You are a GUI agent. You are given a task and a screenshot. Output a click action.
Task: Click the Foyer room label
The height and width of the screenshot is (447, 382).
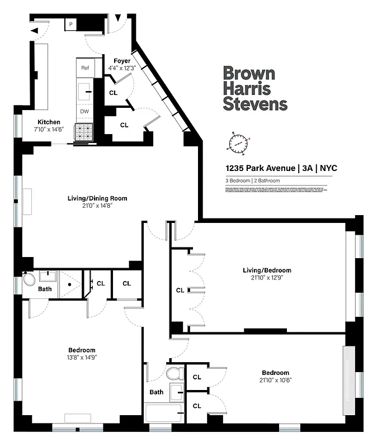tap(122, 61)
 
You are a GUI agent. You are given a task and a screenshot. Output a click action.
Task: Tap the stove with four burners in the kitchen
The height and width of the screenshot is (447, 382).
tap(85, 132)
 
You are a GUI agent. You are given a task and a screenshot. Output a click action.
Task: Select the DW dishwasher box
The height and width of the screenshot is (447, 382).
tap(85, 111)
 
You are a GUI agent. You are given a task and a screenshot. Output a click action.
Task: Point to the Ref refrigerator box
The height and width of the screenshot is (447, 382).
tap(85, 68)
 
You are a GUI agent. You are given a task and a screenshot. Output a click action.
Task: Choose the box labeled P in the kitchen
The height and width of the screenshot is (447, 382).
tap(71, 24)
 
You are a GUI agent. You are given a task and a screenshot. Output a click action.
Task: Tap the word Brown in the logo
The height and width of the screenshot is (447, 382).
tap(249, 74)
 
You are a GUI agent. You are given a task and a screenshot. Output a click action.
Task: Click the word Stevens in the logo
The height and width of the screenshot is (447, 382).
tap(255, 103)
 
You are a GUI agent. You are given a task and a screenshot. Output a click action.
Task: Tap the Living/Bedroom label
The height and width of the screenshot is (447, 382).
tap(267, 270)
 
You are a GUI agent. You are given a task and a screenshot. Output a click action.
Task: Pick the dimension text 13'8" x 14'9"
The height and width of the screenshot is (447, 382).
tap(82, 358)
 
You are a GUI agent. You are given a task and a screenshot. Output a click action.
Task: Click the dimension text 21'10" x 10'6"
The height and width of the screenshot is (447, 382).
tap(276, 380)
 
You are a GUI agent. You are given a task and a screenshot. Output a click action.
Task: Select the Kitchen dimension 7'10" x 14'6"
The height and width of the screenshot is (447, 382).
tap(49, 130)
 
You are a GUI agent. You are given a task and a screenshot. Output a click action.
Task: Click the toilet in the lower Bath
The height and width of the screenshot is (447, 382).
tap(173, 373)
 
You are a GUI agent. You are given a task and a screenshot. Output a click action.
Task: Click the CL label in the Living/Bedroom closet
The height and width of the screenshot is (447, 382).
tap(180, 290)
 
